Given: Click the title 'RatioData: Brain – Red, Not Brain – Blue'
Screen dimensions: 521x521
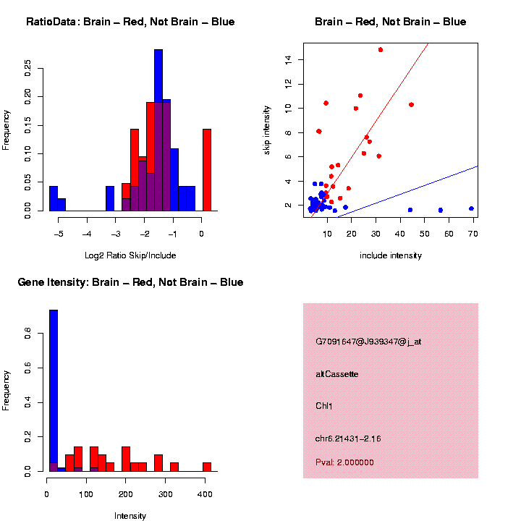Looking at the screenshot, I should [x=130, y=22].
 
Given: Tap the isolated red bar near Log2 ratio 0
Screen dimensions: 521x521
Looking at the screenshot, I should [x=207, y=170].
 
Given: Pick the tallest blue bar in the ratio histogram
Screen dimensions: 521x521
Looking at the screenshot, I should [x=158, y=130].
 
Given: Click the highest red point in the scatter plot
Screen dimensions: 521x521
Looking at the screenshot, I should [x=380, y=50].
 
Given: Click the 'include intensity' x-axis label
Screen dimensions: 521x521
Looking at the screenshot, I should [x=391, y=255].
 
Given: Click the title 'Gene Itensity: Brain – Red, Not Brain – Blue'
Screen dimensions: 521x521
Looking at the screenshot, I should [x=130, y=282].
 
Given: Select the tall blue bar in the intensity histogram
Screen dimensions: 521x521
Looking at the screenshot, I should [x=53, y=391].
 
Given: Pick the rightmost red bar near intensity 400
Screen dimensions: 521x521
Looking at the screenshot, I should [x=207, y=467].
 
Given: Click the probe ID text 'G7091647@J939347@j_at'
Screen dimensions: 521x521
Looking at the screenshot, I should [x=368, y=342].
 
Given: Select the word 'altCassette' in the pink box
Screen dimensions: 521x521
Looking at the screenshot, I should [x=336, y=374].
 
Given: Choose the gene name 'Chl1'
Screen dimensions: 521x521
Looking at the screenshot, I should [x=324, y=406].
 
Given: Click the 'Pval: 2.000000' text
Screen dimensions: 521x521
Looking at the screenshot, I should [x=344, y=462].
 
